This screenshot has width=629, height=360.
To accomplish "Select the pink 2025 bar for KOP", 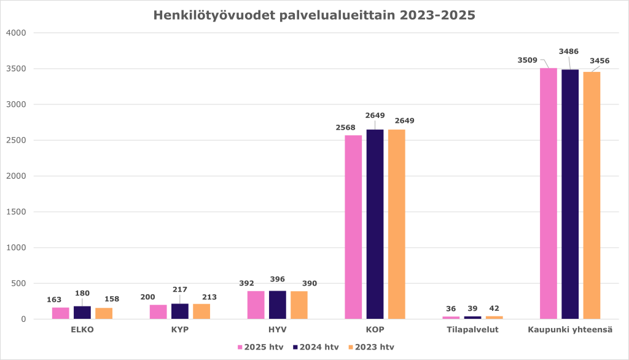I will point(353,227).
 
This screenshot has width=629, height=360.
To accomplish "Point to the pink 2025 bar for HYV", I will point(256,305).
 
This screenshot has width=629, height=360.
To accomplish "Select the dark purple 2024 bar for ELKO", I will point(82,313).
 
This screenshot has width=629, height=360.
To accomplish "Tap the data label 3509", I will point(527,60).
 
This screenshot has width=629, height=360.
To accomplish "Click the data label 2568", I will point(345,127).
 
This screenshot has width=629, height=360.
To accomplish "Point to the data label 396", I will point(277,279).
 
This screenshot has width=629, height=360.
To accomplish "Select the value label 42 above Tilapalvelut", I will point(494,308).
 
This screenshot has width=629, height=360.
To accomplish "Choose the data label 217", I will point(180,289).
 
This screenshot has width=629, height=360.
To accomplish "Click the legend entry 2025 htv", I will point(260,347).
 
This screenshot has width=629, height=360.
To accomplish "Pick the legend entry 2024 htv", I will point(315,347).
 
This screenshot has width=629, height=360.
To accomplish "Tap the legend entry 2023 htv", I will point(370,347).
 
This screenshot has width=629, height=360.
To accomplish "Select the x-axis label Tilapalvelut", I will point(472,329).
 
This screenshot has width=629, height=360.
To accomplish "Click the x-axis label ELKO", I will point(82,329).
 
